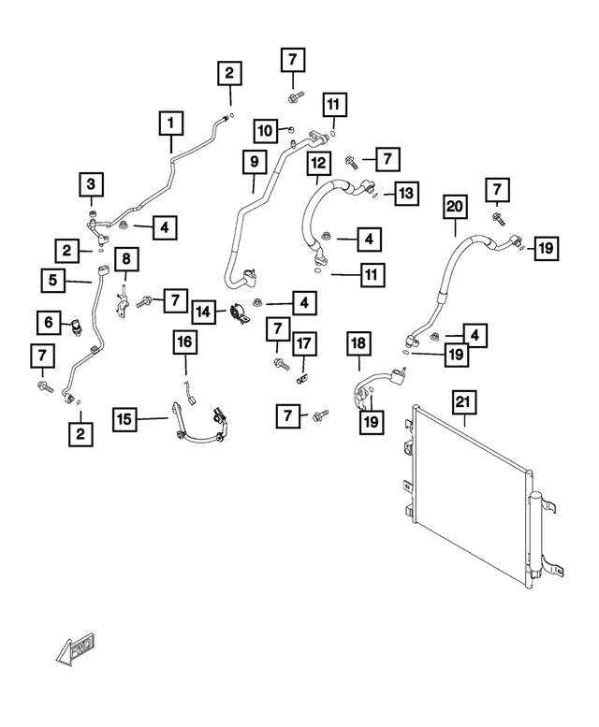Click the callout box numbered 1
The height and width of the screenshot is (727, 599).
(170, 123)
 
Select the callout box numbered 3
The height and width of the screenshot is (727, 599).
(91, 182)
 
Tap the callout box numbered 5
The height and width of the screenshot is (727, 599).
(53, 279)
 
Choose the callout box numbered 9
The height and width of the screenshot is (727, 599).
(253, 162)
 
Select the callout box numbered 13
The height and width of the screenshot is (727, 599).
(405, 194)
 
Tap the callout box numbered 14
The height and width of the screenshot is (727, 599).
(204, 310)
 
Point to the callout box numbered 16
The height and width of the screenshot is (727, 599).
(185, 344)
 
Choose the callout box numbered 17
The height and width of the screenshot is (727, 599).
(303, 345)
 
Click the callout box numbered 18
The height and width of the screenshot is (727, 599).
(359, 343)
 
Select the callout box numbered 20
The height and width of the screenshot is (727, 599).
(455, 205)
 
